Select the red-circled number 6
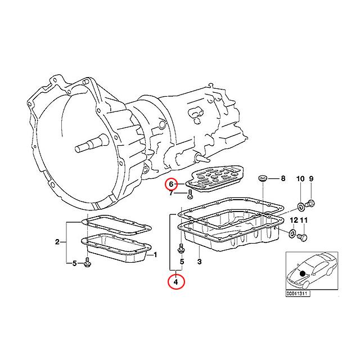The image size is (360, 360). point(172,183)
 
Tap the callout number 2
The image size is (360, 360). point(57,242)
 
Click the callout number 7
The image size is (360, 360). point(171,194)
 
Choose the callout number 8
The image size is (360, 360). point(283,179)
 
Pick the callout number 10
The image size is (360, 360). point(300,179)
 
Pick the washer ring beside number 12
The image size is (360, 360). point(292,233)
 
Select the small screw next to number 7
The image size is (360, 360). point(190,195)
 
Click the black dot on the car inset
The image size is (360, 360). point(303,273)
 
